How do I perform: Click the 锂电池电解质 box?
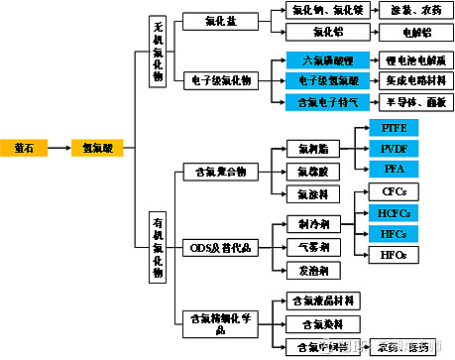(406, 60)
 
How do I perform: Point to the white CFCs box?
(394, 190)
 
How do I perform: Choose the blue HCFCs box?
(394, 212)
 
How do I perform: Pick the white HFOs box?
(394, 255)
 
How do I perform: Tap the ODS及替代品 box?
(222, 245)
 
